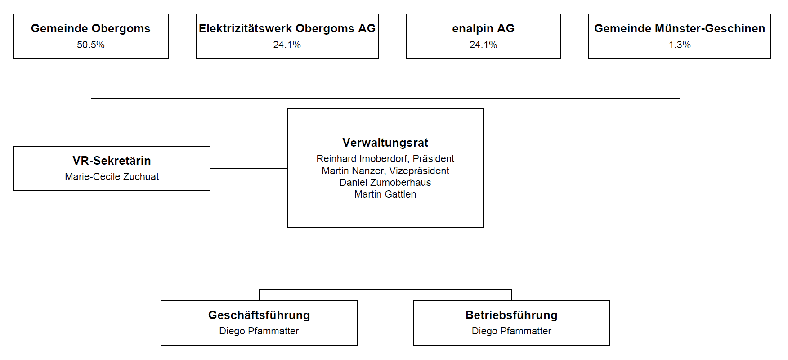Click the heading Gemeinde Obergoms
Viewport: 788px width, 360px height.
(91, 29)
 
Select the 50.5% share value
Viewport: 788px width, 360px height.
(91, 45)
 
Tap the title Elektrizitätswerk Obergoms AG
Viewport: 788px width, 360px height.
(287, 29)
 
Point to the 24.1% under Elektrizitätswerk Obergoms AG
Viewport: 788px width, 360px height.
(287, 45)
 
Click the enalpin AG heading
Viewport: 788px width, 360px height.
(484, 29)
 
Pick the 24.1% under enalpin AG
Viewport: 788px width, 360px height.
(484, 45)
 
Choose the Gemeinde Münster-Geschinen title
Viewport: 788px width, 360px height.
(680, 29)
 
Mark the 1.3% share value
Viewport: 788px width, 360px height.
(680, 45)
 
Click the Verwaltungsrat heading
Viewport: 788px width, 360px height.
(385, 143)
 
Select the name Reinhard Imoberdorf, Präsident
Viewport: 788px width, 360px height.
(385, 159)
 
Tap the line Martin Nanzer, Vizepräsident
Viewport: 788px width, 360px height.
(385, 171)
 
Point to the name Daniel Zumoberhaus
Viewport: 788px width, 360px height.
(385, 183)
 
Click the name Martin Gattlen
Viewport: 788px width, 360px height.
(385, 194)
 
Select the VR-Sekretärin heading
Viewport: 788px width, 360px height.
(112, 161)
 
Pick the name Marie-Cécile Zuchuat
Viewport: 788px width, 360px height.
(112, 177)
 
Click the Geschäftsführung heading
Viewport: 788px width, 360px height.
(259, 315)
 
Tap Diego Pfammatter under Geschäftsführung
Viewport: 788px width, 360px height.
(259, 331)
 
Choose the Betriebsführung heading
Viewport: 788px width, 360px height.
(511, 315)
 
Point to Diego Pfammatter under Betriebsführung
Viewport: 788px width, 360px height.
(511, 331)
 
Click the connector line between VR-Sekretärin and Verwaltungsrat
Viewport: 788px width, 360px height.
(249, 168)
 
